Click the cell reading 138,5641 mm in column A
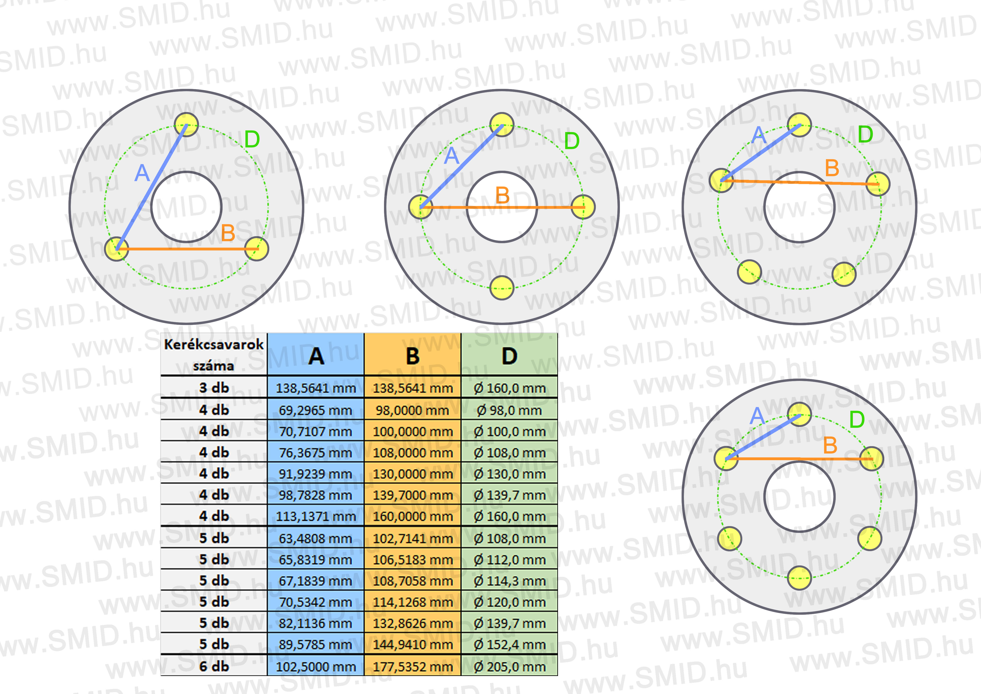pos(316,388)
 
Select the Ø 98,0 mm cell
pos(509,410)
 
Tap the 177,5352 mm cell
pos(413,666)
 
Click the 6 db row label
pos(214,666)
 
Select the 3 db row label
pos(214,388)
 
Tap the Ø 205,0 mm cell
pos(509,666)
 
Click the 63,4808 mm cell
pos(316,538)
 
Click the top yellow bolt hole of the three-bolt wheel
pos(187,124)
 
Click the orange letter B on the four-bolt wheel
pos(502,195)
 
